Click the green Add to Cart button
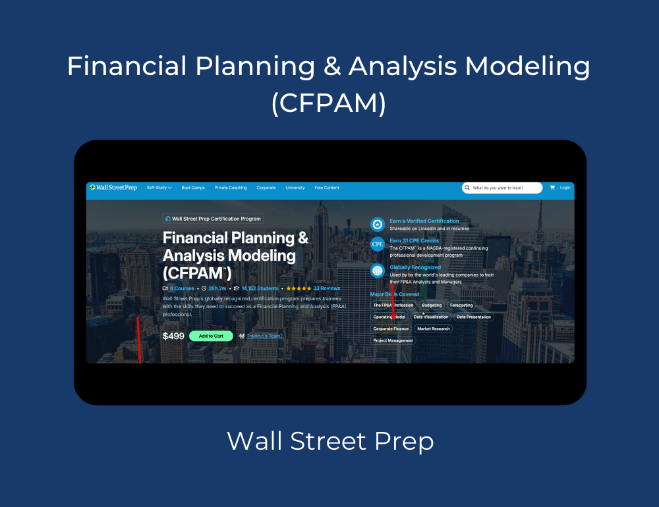(211, 336)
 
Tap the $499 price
(173, 336)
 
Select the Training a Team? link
(264, 336)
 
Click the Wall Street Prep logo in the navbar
(113, 188)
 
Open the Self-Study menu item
(159, 188)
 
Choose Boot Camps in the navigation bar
(193, 188)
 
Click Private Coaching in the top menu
(231, 188)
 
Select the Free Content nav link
(327, 188)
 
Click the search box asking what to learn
(502, 188)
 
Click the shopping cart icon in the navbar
(552, 188)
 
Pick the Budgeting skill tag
(432, 306)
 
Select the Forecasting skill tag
(461, 306)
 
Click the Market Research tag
(433, 329)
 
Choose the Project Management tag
(393, 340)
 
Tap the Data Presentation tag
(473, 317)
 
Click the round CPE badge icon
(378, 244)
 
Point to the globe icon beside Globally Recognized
(378, 271)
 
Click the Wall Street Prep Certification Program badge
(212, 219)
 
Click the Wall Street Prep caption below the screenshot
(330, 440)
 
